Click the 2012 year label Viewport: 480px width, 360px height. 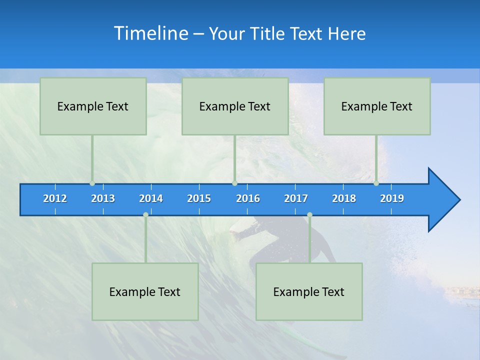[55, 198]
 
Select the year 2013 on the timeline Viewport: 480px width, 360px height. [103, 198]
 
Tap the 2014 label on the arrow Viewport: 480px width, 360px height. [151, 198]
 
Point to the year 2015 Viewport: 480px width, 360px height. [199, 198]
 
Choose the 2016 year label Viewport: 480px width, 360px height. [248, 198]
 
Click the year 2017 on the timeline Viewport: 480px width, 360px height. [296, 198]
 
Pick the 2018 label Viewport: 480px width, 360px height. [344, 198]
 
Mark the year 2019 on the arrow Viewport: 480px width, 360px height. [392, 198]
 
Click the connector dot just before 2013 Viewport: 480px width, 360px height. [92, 183]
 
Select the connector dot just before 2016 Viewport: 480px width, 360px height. [234, 183]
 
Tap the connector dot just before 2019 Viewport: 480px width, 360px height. [376, 183]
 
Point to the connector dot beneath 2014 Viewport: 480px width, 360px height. [145, 214]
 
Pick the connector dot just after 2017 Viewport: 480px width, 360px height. [309, 214]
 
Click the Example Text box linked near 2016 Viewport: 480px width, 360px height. [235, 106]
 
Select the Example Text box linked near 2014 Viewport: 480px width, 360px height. [145, 291]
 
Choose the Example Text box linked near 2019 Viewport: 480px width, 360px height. [377, 106]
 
